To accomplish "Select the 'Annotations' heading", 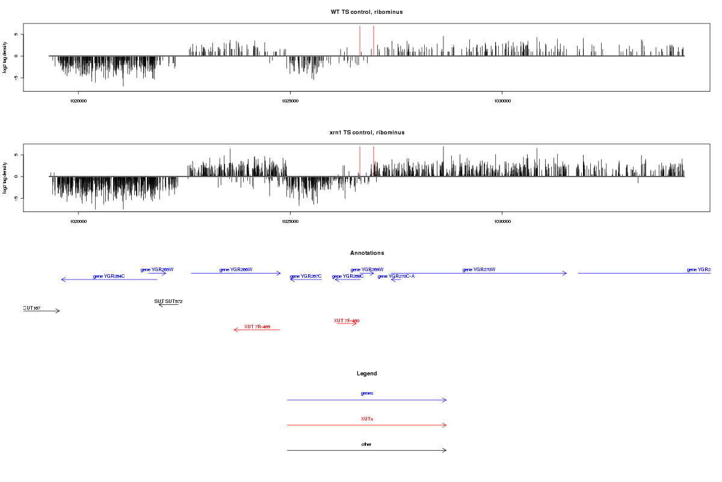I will [x=366, y=253].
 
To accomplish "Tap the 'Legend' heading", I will [x=366, y=374].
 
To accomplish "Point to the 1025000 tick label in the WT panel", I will [x=290, y=101].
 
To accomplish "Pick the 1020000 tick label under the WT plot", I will [x=78, y=101].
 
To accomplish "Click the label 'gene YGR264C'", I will [x=109, y=276].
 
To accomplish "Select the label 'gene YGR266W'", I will [x=236, y=269].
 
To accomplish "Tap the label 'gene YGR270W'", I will [x=479, y=269].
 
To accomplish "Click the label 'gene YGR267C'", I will [x=306, y=276].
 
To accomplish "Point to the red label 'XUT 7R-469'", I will [x=257, y=327].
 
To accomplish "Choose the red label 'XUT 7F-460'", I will [x=347, y=321].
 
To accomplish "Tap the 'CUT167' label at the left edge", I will [x=32, y=308].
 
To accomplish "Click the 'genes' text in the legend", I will [x=366, y=393].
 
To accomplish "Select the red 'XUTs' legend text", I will [x=366, y=418].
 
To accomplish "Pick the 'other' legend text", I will [x=366, y=444].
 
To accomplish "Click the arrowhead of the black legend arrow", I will [x=445, y=450].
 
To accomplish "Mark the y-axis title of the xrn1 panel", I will [x=5, y=178].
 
